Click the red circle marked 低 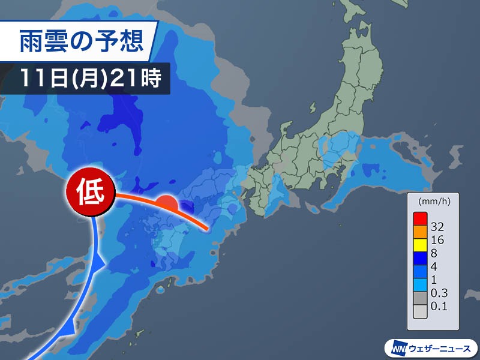click(90, 193)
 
